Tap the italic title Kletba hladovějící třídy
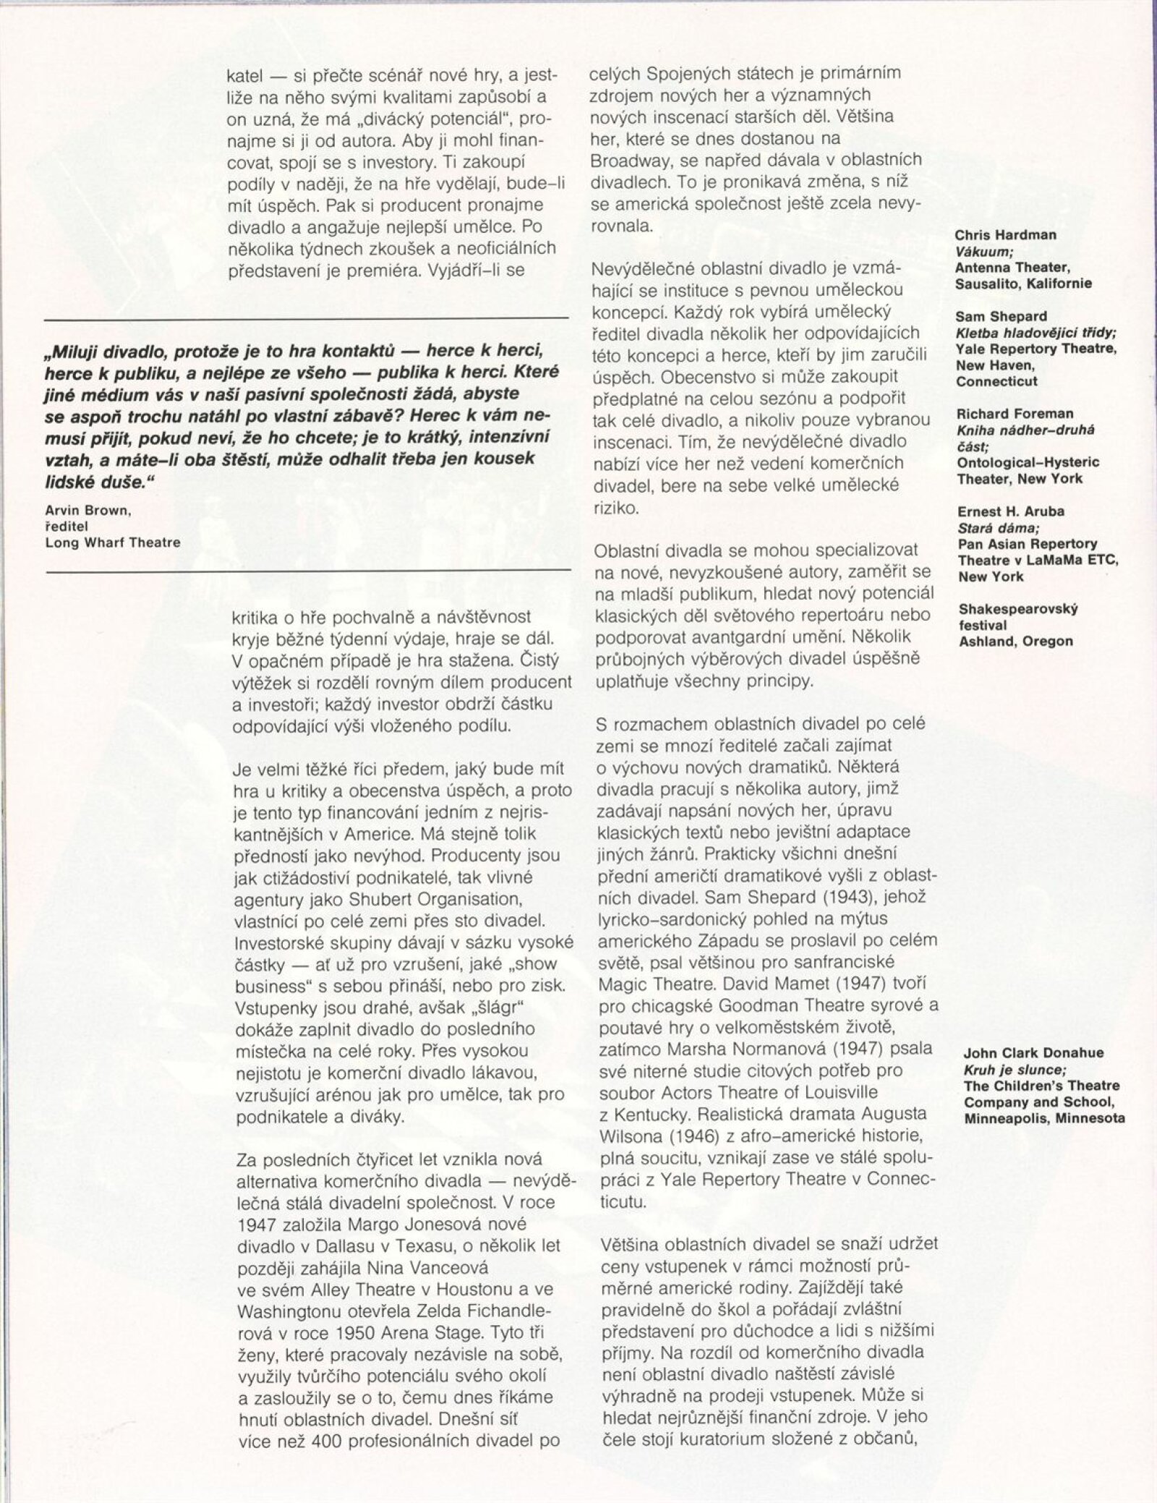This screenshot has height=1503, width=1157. [x=1036, y=333]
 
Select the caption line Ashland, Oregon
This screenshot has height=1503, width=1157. [x=1015, y=641]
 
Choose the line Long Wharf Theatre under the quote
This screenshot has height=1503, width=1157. [x=112, y=542]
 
